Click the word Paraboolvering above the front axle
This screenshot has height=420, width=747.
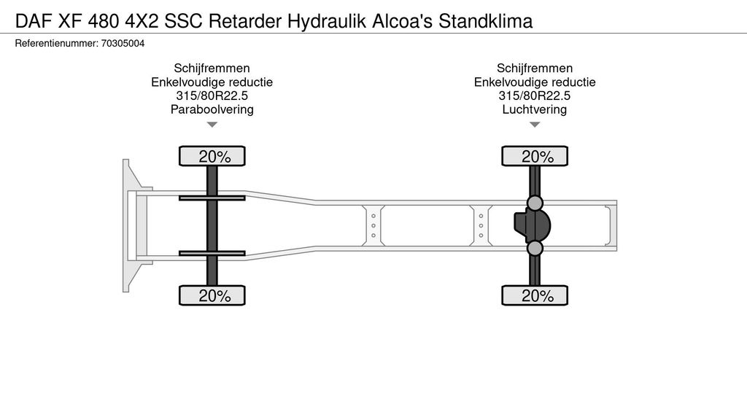[x=212, y=110]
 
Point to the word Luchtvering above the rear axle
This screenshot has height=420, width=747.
[x=535, y=110]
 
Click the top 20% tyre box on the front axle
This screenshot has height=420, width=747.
[x=212, y=156]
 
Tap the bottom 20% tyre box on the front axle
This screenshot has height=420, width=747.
[x=212, y=295]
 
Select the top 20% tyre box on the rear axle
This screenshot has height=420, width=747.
[x=535, y=156]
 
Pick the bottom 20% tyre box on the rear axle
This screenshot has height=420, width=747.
[x=535, y=295]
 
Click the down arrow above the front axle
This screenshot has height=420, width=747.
[x=212, y=125]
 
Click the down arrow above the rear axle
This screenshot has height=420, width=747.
[x=535, y=125]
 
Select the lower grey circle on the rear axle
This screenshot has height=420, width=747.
[x=535, y=249]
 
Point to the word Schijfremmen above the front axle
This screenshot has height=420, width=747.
[x=212, y=69]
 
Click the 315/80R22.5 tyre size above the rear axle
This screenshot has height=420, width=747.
[x=535, y=96]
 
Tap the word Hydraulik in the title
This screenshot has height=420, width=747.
[x=321, y=20]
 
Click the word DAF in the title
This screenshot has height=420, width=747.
[x=31, y=20]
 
